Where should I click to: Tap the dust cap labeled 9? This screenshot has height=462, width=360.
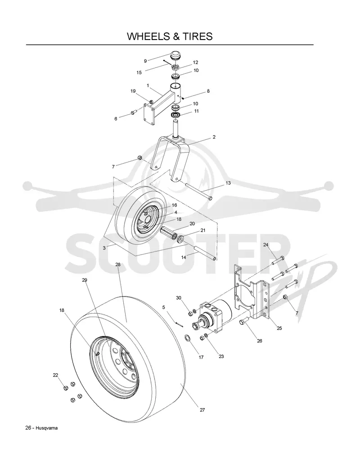(175, 55)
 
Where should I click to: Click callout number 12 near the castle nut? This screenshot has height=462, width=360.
(195, 63)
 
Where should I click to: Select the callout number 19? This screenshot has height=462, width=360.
(133, 91)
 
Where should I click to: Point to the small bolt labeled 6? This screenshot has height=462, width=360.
(133, 112)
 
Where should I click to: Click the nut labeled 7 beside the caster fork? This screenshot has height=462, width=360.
(140, 158)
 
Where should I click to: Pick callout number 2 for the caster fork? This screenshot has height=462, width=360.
(214, 137)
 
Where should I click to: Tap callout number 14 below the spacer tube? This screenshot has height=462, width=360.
(184, 257)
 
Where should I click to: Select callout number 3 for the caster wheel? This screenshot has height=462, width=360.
(104, 248)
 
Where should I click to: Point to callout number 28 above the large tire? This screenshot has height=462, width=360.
(118, 265)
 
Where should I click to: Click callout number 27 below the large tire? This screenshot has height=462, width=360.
(202, 410)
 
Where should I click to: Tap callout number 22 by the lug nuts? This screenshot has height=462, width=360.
(55, 375)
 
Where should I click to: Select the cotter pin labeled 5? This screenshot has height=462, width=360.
(179, 324)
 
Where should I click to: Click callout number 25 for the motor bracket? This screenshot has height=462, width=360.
(279, 328)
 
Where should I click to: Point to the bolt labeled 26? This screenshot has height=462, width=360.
(245, 321)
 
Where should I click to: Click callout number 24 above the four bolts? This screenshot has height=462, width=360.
(266, 245)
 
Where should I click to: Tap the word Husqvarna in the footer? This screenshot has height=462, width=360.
(47, 428)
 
